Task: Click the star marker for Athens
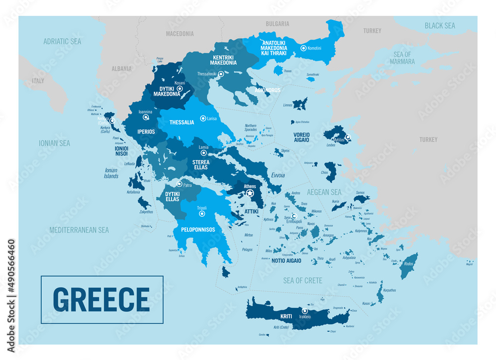coord(250,193)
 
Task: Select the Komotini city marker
coord(304,48)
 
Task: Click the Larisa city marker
coord(203,119)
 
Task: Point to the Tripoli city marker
coord(201,214)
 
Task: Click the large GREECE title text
coord(101,299)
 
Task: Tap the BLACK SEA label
coord(439,25)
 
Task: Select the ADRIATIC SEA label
coord(62,42)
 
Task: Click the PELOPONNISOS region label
coord(198,230)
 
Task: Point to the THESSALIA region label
coord(182,122)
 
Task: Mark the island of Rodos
coord(410,266)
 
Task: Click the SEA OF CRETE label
coord(303,281)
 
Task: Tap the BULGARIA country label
coord(277,23)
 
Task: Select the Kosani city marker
coord(180,89)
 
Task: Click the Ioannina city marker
coord(146,118)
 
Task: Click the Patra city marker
coord(179,184)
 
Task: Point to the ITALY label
coord(38,80)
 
